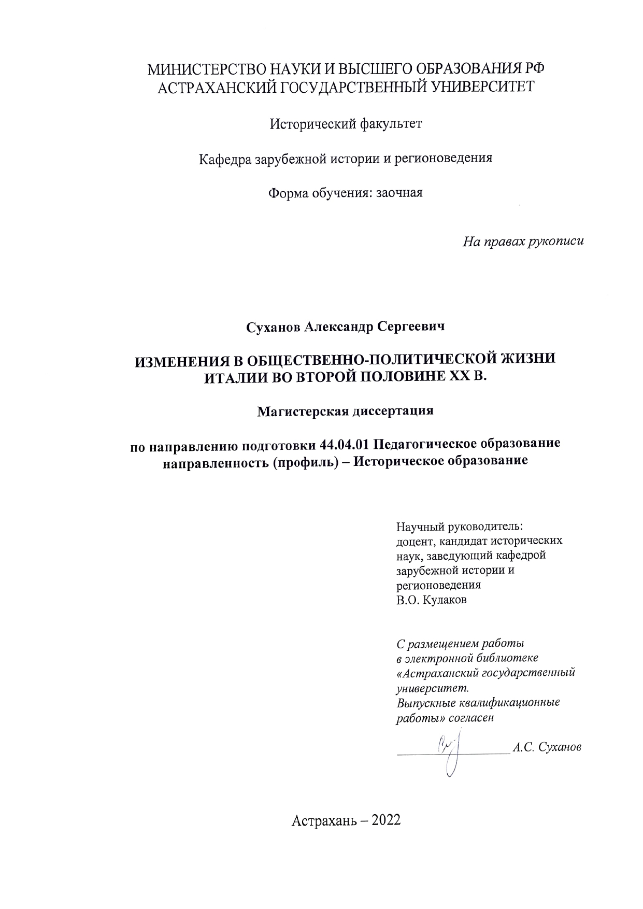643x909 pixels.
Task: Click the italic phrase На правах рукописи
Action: tap(523, 241)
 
